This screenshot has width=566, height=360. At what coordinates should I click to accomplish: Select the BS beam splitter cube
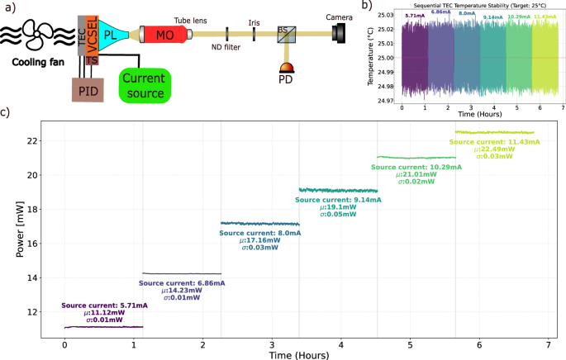[283, 34]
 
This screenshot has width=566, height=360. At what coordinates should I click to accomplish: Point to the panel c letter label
[5, 111]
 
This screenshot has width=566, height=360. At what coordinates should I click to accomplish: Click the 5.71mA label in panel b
[414, 16]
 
